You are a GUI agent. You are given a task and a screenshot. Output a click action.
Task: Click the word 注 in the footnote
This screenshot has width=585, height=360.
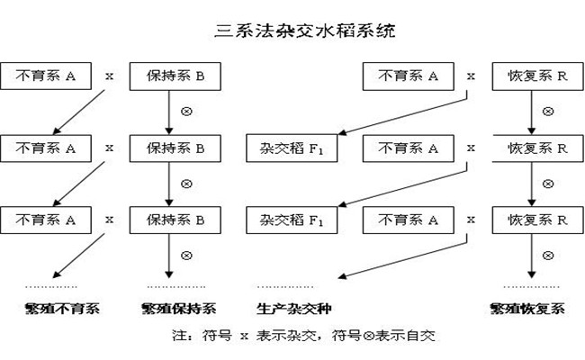pos(177,336)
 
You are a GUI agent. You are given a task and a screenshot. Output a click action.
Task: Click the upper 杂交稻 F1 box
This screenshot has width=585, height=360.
pos(284,147)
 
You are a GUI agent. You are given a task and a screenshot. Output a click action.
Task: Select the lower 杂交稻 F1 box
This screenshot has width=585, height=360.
pos(284,219)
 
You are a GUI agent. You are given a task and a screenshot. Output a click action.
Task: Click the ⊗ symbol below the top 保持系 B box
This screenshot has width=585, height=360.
pos(187,112)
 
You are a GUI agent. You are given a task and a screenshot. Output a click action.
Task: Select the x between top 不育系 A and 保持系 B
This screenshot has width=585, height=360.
pos(110,76)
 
